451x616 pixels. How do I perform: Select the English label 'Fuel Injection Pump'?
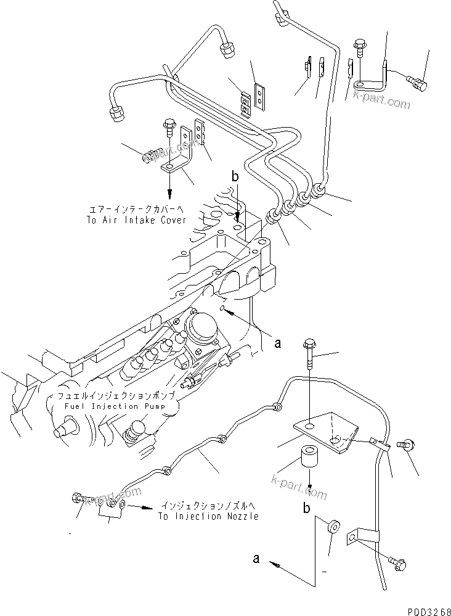tap(117, 406)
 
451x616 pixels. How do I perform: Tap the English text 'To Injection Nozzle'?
tap(208, 516)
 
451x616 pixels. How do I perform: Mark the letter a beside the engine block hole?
tap(277, 343)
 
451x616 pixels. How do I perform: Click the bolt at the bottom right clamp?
tap(394, 561)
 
